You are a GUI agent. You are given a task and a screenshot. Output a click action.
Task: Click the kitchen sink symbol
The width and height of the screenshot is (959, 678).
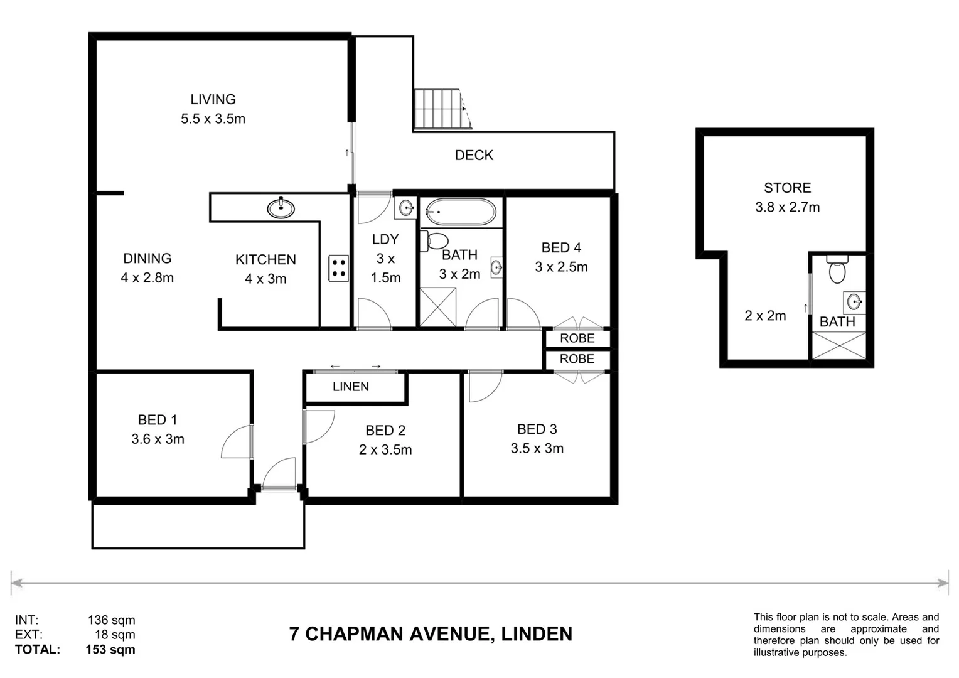click(x=281, y=208)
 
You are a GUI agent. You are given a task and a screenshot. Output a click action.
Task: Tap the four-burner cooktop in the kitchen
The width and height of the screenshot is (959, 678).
click(x=338, y=268)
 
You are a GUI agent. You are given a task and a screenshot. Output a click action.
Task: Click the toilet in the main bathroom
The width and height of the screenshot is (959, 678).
click(x=434, y=241)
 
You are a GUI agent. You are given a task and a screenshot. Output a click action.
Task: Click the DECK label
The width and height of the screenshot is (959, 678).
click(x=474, y=155)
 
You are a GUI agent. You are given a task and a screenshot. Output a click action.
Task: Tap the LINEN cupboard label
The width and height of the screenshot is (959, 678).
click(x=350, y=387)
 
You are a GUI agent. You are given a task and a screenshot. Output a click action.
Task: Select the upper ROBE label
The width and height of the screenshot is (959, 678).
click(x=577, y=338)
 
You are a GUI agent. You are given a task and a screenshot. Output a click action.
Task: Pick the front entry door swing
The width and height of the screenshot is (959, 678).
click(x=280, y=474)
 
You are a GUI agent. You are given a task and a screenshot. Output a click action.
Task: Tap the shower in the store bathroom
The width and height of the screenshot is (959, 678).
click(x=839, y=346)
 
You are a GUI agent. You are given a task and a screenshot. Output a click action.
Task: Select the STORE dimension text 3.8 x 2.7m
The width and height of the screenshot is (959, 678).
click(x=787, y=207)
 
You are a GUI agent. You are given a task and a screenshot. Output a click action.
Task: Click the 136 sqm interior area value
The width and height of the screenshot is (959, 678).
click(x=111, y=621)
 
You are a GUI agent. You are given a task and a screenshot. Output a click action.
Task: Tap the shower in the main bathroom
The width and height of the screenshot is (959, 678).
click(x=438, y=307)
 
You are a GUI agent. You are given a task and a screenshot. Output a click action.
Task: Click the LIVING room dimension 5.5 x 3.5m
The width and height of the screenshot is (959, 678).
click(x=213, y=119)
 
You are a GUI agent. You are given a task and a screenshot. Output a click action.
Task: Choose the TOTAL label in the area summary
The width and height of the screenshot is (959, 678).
click(x=38, y=650)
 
